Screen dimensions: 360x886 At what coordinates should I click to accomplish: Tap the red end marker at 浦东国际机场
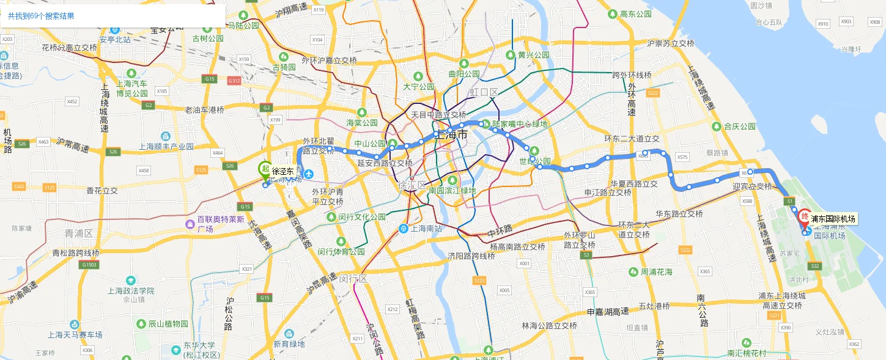click(805, 218)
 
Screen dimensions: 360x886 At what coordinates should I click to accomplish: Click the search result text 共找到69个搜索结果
click(41, 16)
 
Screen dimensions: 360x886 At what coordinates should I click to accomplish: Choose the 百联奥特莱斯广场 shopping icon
click(190, 224)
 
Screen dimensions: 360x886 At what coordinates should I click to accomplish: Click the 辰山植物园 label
click(168, 323)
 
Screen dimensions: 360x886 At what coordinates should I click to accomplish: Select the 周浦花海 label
click(657, 271)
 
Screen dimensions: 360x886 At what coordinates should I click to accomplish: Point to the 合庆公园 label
click(740, 127)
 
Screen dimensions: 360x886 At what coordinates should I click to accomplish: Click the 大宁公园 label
click(418, 87)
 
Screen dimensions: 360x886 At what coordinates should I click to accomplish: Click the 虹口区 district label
click(484, 92)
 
